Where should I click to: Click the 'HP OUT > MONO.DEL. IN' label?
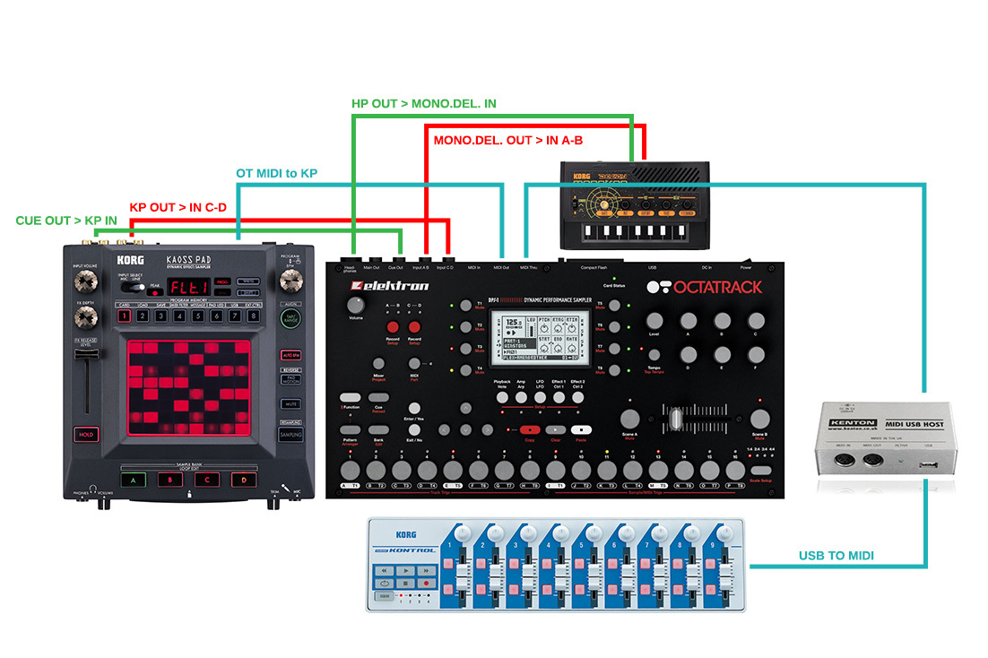pos(424,105)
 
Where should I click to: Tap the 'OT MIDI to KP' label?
pos(276,173)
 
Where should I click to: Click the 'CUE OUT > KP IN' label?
pos(66,221)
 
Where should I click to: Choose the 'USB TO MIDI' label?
pos(836,556)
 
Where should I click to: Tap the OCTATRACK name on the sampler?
pos(705,287)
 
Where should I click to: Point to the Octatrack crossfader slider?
pos(695,419)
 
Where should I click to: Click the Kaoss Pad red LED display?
pos(190,288)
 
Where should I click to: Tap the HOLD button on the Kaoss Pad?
pos(85,434)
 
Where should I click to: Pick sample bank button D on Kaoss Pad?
pos(239,479)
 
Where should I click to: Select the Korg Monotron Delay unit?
pos(634,205)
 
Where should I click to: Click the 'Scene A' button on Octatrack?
pos(630,417)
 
